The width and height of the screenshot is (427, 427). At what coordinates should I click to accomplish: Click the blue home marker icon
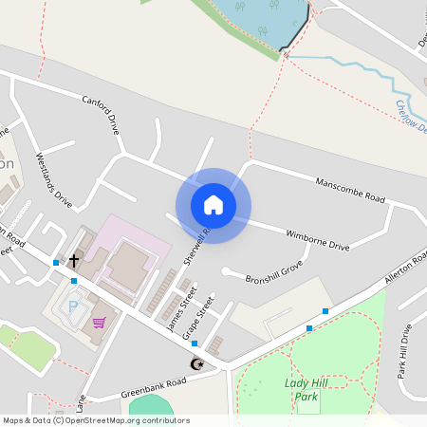(x=213, y=205)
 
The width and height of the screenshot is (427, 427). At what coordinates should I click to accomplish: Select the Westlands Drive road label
(x=54, y=179)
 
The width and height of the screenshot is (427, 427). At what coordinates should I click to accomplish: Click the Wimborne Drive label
(x=318, y=237)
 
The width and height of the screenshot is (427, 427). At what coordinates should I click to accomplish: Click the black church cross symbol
(x=74, y=257)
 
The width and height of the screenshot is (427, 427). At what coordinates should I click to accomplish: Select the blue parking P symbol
(x=75, y=306)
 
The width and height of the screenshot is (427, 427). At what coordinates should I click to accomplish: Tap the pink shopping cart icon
(x=99, y=323)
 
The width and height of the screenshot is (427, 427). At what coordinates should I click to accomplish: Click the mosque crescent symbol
(x=197, y=363)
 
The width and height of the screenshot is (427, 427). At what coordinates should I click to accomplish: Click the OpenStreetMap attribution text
(x=97, y=420)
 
